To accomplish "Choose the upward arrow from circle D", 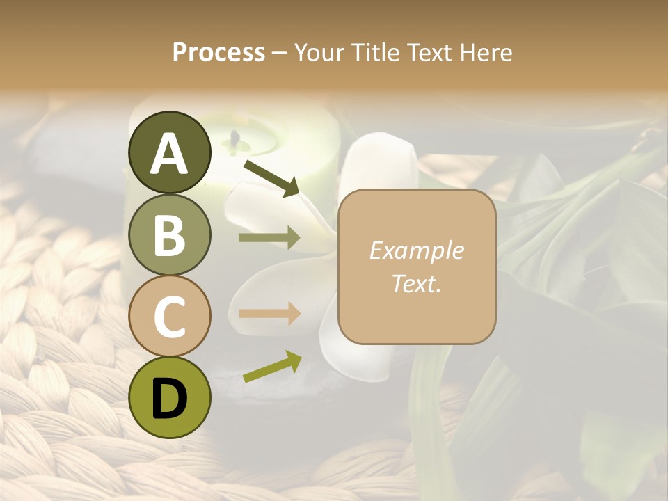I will click(272, 367).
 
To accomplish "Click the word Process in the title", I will click(218, 52).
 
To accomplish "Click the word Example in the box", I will click(416, 250).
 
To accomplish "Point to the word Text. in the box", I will click(416, 283).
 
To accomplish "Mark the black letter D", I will click(170, 399).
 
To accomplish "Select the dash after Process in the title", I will click(280, 53).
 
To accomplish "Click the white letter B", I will click(170, 235).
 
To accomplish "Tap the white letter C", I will click(170, 317).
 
